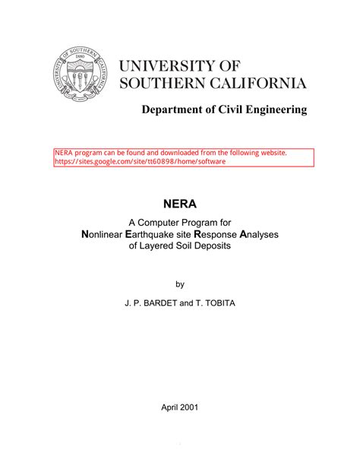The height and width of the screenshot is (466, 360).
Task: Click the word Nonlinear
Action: point(107,235)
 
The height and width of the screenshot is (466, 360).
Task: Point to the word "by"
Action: point(180,284)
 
